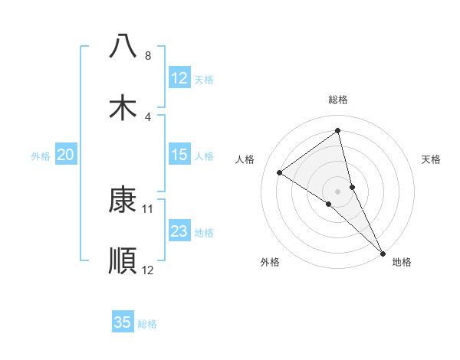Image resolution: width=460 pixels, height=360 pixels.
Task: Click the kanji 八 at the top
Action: tap(123, 46)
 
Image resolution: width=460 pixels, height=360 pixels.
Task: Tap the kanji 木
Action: tap(123, 108)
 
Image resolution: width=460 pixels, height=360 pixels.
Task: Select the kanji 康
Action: tap(123, 199)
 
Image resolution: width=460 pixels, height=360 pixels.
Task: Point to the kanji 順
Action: tap(123, 261)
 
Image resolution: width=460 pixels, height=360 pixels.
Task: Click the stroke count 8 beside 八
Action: tap(148, 56)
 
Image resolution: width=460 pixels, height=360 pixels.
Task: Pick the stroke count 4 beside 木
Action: tap(148, 117)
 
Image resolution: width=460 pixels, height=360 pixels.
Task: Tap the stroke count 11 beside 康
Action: tap(149, 208)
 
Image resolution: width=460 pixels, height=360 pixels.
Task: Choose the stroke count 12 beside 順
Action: tap(149, 270)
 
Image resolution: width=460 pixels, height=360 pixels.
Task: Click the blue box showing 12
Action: tap(179, 78)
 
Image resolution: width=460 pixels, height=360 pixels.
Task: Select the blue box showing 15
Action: tap(179, 155)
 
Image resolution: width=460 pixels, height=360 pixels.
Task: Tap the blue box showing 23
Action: tap(179, 231)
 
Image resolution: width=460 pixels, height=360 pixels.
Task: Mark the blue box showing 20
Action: tap(66, 155)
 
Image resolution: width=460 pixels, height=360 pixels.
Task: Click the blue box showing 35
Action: tap(123, 322)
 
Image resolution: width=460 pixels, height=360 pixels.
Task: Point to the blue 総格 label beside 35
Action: tap(147, 324)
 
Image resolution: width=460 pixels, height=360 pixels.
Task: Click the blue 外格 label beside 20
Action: tap(41, 156)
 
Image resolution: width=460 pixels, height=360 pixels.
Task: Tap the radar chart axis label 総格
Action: tap(338, 100)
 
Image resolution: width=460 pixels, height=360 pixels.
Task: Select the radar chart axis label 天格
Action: tap(432, 159)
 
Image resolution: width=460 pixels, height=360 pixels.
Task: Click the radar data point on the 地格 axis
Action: tap(383, 252)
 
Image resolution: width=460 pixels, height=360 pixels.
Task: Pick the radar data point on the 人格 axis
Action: tap(280, 172)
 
